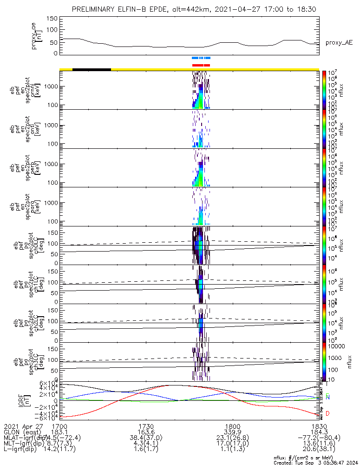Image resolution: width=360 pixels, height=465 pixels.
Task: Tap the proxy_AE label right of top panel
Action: coord(339,43)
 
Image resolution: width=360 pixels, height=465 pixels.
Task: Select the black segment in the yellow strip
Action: coord(92,69)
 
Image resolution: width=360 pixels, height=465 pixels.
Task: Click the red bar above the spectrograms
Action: coord(201,65)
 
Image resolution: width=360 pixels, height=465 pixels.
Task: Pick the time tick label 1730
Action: coord(146,426)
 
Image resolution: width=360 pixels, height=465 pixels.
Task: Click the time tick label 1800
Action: coord(232,426)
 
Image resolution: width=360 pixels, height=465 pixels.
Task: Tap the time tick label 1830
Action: coord(318,426)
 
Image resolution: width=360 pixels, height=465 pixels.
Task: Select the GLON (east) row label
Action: coord(22,432)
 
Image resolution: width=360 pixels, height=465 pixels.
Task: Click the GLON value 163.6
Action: coord(146,432)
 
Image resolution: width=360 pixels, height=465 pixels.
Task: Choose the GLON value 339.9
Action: coord(232,432)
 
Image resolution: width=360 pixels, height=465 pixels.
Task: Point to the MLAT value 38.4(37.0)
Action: coord(146,438)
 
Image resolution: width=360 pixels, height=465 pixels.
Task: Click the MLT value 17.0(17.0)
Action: coord(232,444)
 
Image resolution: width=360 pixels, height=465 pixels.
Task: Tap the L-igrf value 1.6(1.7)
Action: coord(146,450)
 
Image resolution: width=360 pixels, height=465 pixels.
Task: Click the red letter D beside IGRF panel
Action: coord(328,413)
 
